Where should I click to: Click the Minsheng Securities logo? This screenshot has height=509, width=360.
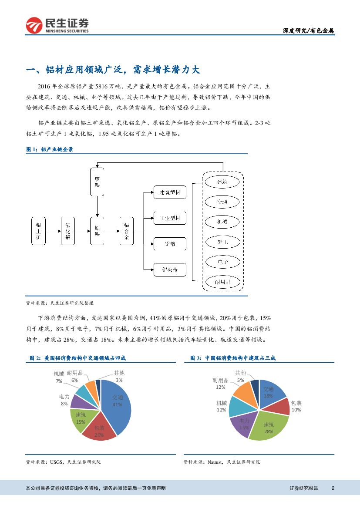(x=57, y=25)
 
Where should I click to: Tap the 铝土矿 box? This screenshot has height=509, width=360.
(x=39, y=229)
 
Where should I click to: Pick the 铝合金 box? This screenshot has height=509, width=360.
(x=126, y=230)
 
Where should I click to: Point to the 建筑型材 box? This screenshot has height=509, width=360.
(x=170, y=192)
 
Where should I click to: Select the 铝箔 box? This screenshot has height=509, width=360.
(x=170, y=244)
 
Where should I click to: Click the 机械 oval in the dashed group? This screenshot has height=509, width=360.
(x=222, y=222)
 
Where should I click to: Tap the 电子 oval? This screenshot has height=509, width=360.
(x=222, y=262)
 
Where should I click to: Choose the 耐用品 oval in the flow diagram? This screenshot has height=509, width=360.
(x=222, y=282)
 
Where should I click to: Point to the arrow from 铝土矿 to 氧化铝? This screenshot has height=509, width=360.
(x=53, y=230)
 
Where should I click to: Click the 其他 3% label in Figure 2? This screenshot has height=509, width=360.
(x=119, y=376)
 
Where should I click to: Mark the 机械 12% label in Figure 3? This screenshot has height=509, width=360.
(x=222, y=406)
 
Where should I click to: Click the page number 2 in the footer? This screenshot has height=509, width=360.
(x=333, y=488)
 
